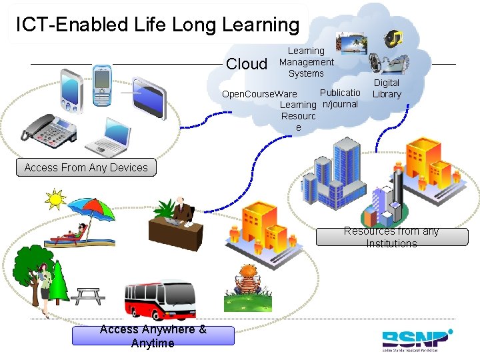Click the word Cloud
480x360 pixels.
click(247, 64)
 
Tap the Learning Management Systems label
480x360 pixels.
click(306, 62)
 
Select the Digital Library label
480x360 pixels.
click(387, 88)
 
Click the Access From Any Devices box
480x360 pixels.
click(86, 167)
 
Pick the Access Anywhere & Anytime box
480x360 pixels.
click(153, 336)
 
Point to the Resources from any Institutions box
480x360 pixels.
click(391, 237)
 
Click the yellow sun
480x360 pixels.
click(55, 198)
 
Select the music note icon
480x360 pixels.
click(395, 37)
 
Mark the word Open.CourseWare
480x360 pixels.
click(250, 94)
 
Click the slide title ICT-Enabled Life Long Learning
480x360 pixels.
click(158, 25)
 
